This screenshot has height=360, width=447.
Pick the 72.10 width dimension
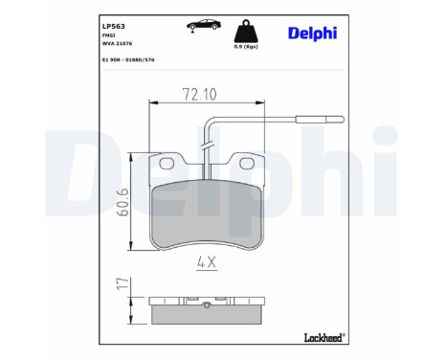pyautogui.click(x=200, y=94)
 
